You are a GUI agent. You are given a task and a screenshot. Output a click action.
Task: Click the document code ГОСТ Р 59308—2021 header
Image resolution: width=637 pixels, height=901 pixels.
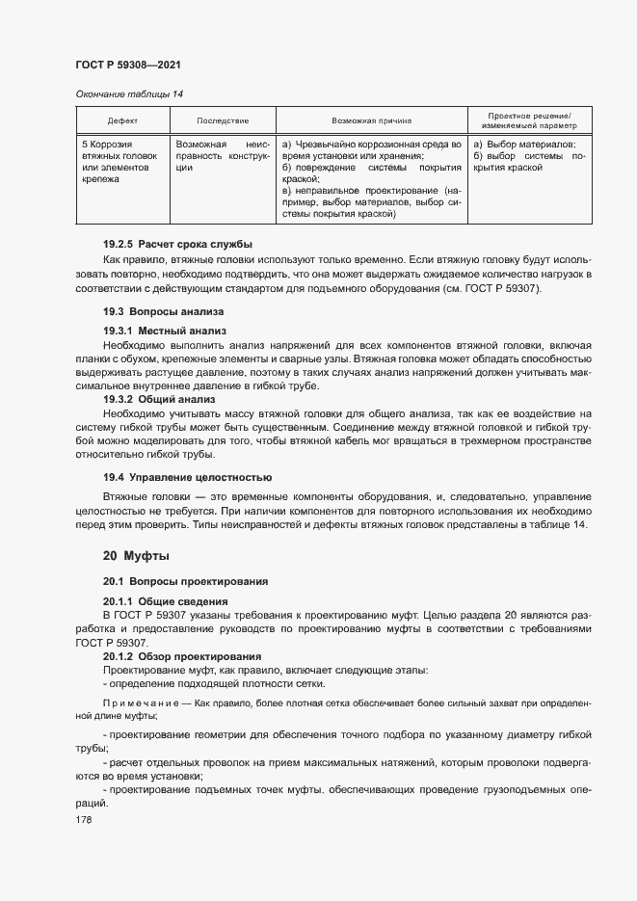128,65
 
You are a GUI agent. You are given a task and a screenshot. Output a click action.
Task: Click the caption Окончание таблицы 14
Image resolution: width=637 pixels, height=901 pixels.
128,93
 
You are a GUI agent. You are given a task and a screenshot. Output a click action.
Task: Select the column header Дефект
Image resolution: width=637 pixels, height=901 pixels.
122,121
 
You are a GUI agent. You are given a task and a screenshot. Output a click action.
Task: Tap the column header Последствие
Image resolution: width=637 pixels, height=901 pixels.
223,121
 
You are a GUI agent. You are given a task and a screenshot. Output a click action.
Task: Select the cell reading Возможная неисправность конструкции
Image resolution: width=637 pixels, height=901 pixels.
223,154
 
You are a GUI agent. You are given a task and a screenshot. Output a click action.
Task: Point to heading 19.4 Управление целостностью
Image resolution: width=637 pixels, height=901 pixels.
187,477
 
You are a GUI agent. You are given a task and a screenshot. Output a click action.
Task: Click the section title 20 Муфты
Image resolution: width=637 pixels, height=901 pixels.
136,556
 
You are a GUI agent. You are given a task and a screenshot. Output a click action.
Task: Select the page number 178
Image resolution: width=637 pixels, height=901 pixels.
86,819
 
